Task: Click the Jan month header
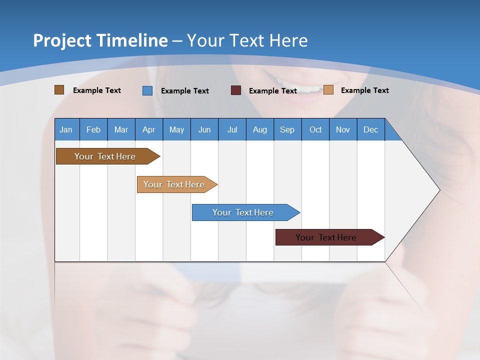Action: (x=66, y=129)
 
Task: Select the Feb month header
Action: (x=93, y=129)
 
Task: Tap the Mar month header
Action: (x=121, y=129)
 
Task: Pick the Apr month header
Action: (x=149, y=129)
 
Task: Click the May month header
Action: (x=176, y=129)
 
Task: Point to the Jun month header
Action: (x=204, y=129)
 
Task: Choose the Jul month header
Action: (x=232, y=129)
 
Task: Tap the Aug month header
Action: (x=260, y=129)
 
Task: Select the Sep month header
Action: (x=287, y=129)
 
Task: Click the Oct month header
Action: (x=315, y=129)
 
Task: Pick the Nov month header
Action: (x=343, y=129)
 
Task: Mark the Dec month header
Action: (x=371, y=129)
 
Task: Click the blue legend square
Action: (x=147, y=90)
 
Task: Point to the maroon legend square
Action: (x=236, y=90)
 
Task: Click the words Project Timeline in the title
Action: (x=100, y=40)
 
